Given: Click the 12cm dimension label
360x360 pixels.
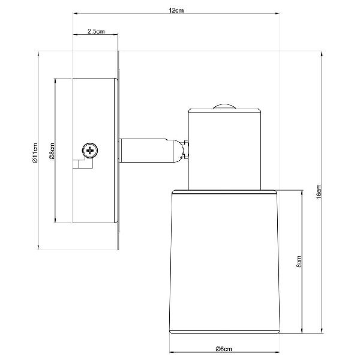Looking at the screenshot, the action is click(x=176, y=10).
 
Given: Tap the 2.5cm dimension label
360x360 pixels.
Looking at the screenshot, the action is click(x=96, y=31).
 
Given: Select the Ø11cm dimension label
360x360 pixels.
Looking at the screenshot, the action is click(x=35, y=152).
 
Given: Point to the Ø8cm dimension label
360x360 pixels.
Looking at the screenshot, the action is click(x=52, y=151).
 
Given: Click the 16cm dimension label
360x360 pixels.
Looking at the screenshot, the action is click(x=319, y=191).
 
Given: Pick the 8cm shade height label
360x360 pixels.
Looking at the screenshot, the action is click(x=299, y=262).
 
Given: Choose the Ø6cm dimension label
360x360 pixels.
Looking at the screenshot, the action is click(x=224, y=349).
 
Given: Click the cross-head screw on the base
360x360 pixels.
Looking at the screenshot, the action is click(x=90, y=151).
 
